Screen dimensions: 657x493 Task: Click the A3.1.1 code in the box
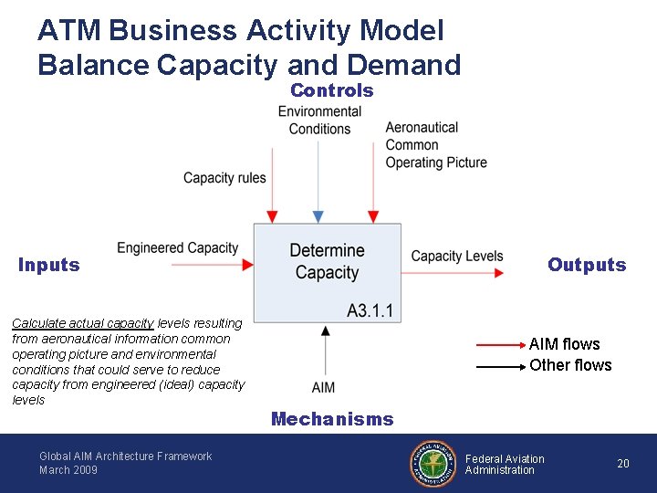(370, 310)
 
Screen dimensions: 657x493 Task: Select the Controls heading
(331, 90)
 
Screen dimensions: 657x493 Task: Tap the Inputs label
(49, 265)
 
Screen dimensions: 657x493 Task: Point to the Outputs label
(587, 265)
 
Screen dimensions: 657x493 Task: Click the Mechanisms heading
(332, 419)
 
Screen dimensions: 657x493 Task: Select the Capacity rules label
(224, 177)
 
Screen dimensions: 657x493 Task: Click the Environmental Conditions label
(319, 121)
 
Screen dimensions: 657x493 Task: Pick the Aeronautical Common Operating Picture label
(435, 145)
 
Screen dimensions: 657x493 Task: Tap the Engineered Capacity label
(178, 247)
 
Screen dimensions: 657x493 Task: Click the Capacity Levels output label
(457, 256)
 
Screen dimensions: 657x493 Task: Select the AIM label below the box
(323, 387)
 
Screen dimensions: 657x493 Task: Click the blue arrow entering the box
(318, 183)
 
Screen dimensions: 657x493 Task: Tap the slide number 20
(623, 464)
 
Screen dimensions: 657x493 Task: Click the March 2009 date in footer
(68, 470)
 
